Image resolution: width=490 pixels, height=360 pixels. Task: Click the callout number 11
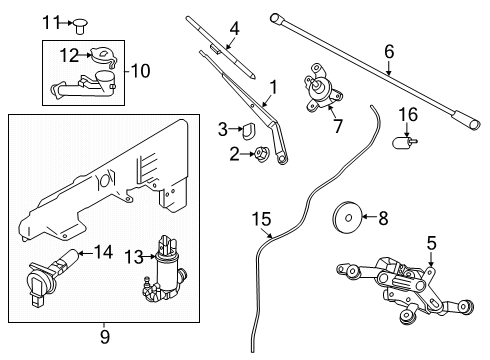[x=50, y=20]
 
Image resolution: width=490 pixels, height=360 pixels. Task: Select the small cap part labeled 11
[x=79, y=22]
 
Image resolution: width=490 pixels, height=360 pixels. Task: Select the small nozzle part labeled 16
[x=406, y=146]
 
